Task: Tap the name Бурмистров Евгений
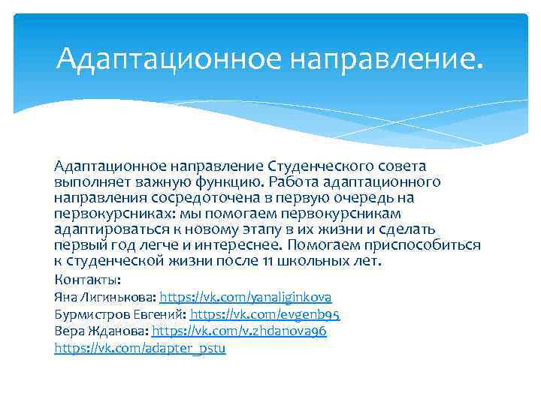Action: pyautogui.click(x=120, y=313)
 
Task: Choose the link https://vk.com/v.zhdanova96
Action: pyautogui.click(x=240, y=331)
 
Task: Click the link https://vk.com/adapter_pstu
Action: pyautogui.click(x=140, y=348)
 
